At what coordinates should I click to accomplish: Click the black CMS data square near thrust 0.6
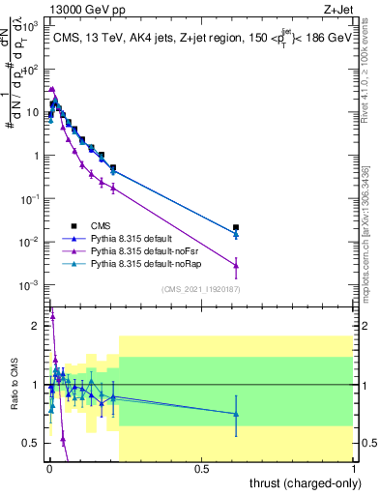point(236,228)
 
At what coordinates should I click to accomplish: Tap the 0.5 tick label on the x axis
point(202,469)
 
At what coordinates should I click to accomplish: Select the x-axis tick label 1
point(354,469)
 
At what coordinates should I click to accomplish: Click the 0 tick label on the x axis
point(49,469)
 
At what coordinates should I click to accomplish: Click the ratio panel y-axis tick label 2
point(37,326)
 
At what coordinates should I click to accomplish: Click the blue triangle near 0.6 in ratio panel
point(236,414)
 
